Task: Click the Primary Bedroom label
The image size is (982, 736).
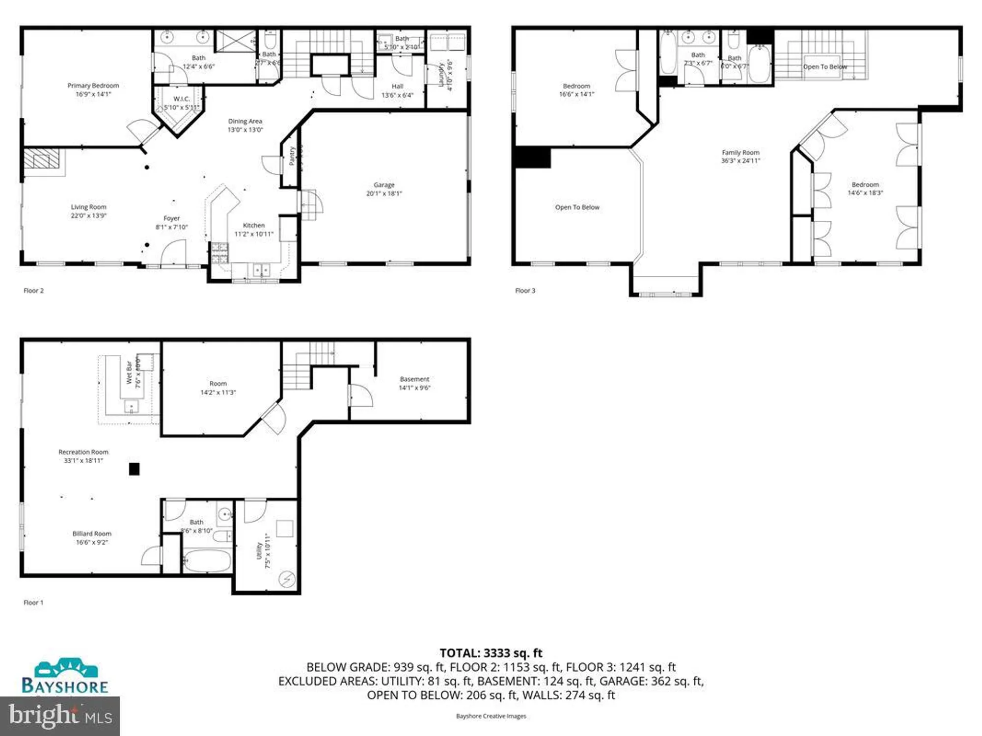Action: click(x=93, y=86)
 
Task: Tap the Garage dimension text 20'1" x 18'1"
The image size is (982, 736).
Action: click(x=384, y=194)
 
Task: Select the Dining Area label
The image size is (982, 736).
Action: click(x=245, y=121)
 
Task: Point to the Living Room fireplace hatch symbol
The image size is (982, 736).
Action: click(x=42, y=159)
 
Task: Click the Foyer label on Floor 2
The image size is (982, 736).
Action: click(x=171, y=218)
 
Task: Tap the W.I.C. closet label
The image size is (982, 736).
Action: click(x=181, y=99)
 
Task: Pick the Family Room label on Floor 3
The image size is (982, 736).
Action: click(x=740, y=153)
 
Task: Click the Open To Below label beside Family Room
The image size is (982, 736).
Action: click(x=577, y=208)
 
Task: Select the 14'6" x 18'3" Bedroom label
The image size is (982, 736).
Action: click(x=865, y=189)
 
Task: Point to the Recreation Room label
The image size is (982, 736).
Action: click(x=83, y=452)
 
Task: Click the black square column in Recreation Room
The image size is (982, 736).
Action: click(x=134, y=469)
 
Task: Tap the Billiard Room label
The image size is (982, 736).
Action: click(x=92, y=534)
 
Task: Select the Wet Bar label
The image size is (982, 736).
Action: click(x=129, y=373)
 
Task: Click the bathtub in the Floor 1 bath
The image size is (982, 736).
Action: click(x=207, y=561)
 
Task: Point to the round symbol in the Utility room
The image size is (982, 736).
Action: click(x=286, y=579)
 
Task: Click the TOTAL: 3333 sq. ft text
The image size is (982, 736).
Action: click(x=491, y=653)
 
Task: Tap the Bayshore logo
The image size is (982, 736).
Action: click(x=65, y=677)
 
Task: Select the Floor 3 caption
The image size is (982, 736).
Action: click(x=525, y=290)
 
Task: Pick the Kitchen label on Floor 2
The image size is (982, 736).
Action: click(x=253, y=225)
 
